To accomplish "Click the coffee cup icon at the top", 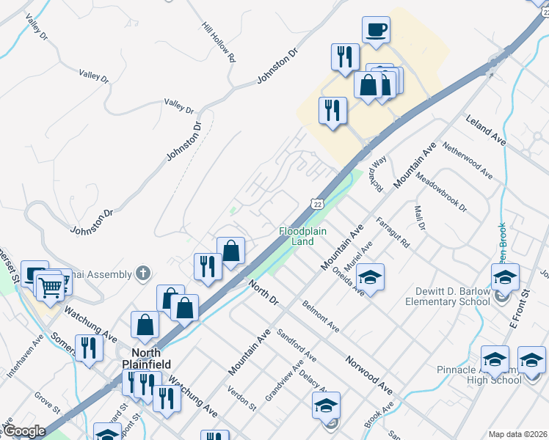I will click(x=376, y=30).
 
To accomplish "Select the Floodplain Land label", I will click(x=297, y=235).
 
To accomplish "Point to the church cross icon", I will click(x=143, y=274).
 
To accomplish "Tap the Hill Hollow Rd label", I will click(x=219, y=41).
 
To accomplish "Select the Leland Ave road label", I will click(x=487, y=128).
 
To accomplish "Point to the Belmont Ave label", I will click(x=321, y=315).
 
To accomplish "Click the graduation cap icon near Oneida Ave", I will click(x=371, y=277).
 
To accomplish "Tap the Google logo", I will click(x=24, y=431).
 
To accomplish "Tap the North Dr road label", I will click(x=264, y=291).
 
